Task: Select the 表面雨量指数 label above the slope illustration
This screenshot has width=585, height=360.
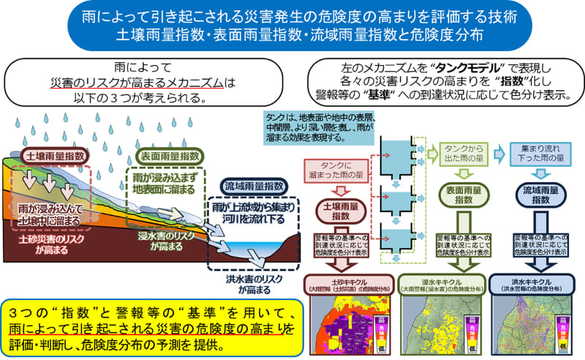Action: [x=167, y=157]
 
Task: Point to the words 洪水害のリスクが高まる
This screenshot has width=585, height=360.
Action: [x=249, y=283]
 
